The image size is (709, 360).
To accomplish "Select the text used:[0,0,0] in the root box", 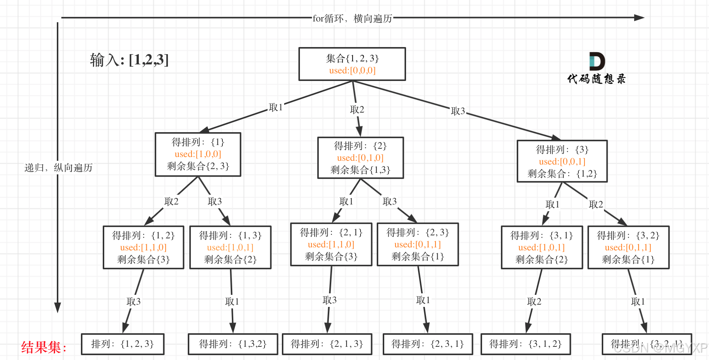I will click(352, 71).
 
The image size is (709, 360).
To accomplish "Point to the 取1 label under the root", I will click(275, 108).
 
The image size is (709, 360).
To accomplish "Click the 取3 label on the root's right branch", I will click(458, 111).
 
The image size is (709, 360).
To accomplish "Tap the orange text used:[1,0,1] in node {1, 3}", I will click(230, 248).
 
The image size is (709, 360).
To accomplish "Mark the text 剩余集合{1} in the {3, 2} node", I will click(628, 260).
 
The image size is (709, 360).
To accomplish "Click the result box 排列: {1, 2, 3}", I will click(123, 344).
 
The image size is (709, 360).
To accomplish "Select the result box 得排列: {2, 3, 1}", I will click(428, 344).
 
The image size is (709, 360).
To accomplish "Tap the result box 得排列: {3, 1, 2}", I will click(525, 344).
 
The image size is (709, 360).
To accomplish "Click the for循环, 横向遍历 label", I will click(352, 18).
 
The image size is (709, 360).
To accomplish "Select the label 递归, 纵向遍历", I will click(58, 168).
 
